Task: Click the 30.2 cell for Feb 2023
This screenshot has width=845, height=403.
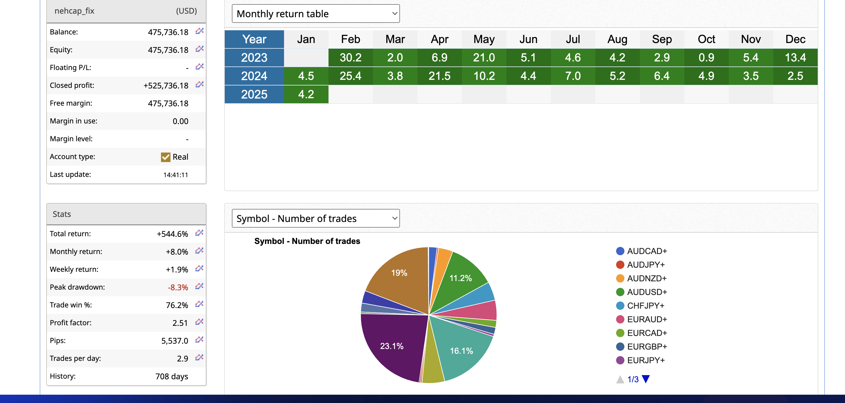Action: click(x=350, y=58)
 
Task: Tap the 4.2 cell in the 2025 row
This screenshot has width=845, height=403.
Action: click(x=306, y=94)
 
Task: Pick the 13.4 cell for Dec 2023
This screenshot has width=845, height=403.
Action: click(x=795, y=58)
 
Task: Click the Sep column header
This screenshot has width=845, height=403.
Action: click(x=662, y=39)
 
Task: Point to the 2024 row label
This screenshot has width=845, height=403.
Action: click(x=254, y=76)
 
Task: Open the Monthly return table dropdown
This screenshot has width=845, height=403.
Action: click(x=315, y=13)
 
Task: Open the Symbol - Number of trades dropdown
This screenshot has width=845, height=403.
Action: click(x=315, y=218)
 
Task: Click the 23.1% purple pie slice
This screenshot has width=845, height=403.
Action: click(x=392, y=346)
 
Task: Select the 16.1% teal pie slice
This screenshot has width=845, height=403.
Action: click(x=461, y=350)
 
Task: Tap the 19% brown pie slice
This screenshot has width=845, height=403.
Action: click(x=399, y=273)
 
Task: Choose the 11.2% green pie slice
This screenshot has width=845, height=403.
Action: click(x=460, y=278)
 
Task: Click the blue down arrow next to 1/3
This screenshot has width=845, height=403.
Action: click(x=645, y=379)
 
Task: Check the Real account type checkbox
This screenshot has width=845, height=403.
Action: click(x=166, y=157)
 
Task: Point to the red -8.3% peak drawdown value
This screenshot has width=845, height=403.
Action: click(x=178, y=287)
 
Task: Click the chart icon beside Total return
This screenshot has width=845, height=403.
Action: click(x=199, y=233)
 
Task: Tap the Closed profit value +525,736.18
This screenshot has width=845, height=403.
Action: click(x=166, y=85)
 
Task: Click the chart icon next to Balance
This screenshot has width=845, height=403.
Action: click(x=200, y=31)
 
